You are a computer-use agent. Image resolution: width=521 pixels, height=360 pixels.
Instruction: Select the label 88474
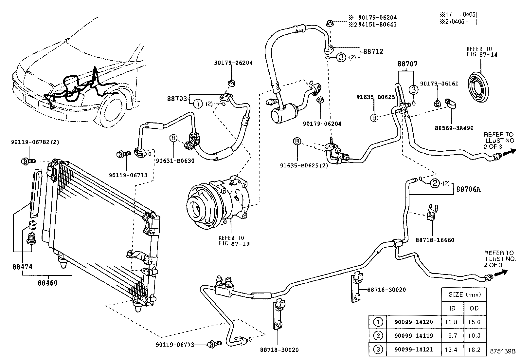[x=23, y=267]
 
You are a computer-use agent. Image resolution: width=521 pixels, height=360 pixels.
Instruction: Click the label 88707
[x=407, y=64]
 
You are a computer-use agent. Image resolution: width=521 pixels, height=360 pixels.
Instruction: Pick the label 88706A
[x=468, y=189]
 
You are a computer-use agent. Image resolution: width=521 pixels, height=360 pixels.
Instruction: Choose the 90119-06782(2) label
[x=35, y=142]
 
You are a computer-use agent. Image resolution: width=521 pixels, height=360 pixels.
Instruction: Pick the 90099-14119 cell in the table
[x=414, y=336]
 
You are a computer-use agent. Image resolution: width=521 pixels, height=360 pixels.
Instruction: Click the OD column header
[x=474, y=308]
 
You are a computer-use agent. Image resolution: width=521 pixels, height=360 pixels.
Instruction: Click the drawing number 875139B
[x=502, y=351]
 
